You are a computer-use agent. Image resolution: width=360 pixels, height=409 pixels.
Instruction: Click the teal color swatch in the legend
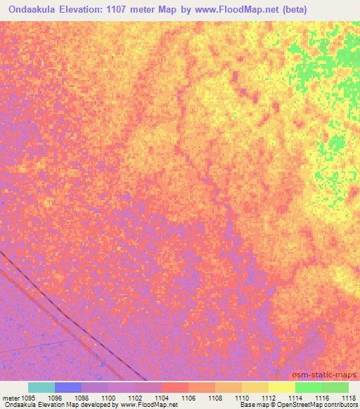[x=41, y=387]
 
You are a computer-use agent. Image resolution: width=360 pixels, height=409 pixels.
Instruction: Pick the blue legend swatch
[x=68, y=387]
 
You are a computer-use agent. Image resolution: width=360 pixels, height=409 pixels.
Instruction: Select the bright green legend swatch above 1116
[x=309, y=387]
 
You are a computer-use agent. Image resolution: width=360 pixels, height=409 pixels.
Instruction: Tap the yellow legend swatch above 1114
[x=282, y=387]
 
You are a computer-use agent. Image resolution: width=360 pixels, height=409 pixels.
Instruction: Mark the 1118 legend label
[x=347, y=397]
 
